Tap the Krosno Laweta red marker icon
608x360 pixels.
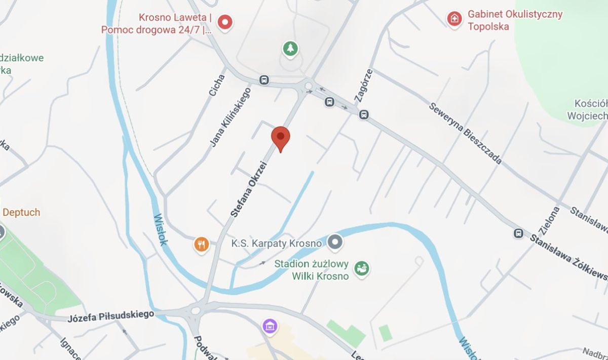(x=225, y=22)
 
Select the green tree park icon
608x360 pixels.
(x=290, y=49)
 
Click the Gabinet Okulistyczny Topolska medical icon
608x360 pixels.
(x=454, y=19)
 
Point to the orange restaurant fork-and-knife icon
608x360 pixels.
(x=202, y=245)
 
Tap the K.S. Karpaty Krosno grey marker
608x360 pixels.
(x=334, y=243)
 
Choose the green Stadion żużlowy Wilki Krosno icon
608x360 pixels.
(x=361, y=268)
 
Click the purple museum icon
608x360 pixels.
(x=270, y=326)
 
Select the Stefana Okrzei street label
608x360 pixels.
(x=249, y=188)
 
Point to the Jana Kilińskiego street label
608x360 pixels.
(x=231, y=117)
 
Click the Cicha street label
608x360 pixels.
(x=217, y=86)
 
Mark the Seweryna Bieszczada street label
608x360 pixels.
(x=465, y=133)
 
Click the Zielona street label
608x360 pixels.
(x=549, y=221)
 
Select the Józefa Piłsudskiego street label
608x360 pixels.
(x=110, y=316)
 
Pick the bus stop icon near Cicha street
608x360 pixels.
(x=263, y=80)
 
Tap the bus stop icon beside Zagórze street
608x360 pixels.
(x=363, y=115)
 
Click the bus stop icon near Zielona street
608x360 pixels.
(x=518, y=233)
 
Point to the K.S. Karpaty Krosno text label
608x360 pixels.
(x=277, y=244)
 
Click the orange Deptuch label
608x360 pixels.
(x=21, y=212)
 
